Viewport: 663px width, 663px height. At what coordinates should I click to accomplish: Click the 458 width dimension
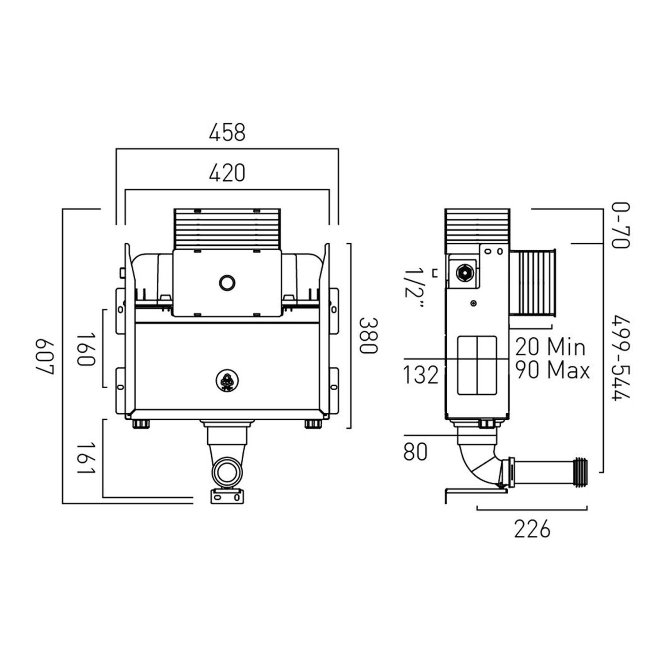(x=227, y=133)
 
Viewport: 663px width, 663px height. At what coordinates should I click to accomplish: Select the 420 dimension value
(x=227, y=173)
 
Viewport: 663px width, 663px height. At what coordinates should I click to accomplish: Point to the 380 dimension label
(x=368, y=335)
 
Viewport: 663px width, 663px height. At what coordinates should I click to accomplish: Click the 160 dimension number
(x=86, y=350)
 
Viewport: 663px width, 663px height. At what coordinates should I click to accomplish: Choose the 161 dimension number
(x=86, y=457)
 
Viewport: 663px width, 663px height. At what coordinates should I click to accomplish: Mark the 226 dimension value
(x=532, y=529)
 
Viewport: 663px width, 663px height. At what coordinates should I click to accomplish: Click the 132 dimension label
(x=421, y=375)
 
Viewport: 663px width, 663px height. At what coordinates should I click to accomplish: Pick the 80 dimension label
(x=415, y=452)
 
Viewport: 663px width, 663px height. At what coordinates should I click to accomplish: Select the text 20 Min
(x=550, y=347)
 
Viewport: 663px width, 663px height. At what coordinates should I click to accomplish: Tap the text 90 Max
(x=552, y=370)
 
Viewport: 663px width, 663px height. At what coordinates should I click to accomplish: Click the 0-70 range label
(x=621, y=225)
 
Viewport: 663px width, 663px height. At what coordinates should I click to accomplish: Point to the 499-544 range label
(x=621, y=358)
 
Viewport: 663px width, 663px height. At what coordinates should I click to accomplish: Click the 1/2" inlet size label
(x=414, y=289)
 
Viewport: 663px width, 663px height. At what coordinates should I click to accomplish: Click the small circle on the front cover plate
(x=227, y=282)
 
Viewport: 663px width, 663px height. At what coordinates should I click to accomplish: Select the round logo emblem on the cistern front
(x=227, y=381)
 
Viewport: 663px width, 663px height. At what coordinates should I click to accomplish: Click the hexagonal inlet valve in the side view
(x=465, y=273)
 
